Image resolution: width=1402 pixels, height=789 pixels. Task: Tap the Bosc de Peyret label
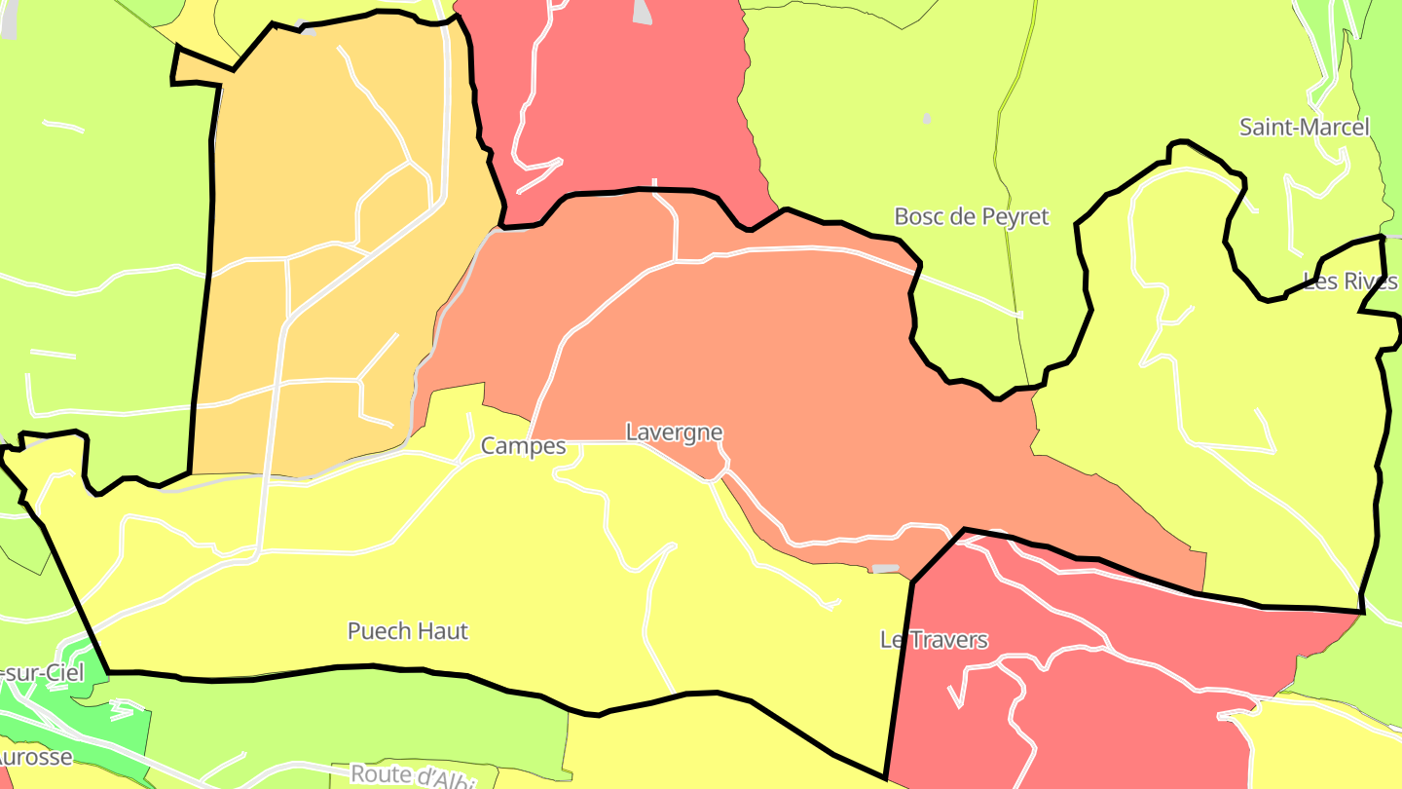(972, 216)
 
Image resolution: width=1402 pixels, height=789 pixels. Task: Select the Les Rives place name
(1350, 282)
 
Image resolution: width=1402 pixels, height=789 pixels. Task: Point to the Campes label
(523, 446)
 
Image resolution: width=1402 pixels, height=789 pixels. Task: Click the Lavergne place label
(674, 432)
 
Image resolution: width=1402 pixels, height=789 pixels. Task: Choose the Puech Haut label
(408, 631)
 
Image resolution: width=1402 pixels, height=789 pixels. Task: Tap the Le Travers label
(934, 640)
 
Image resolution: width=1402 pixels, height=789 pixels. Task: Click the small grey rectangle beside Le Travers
(885, 568)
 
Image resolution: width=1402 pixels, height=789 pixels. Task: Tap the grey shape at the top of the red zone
(643, 12)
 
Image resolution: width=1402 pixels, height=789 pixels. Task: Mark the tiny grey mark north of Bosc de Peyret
(926, 118)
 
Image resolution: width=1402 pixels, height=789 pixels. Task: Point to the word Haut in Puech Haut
(443, 631)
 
